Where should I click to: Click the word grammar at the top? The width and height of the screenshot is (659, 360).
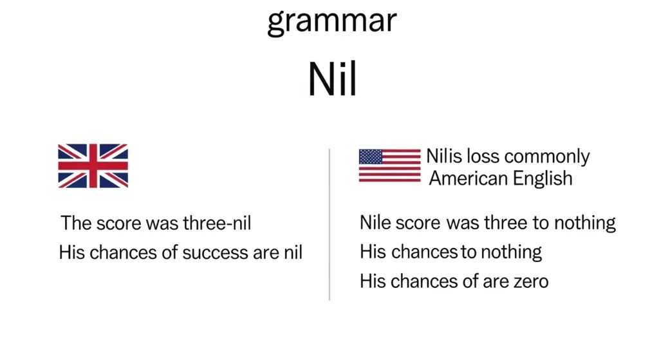tap(331, 22)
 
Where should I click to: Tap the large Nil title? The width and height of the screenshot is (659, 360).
tap(332, 80)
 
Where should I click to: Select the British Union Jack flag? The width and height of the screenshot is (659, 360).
tap(93, 166)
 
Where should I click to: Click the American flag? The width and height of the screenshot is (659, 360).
tap(389, 166)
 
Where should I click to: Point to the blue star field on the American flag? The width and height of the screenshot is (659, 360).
tap(370, 156)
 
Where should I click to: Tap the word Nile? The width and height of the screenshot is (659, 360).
tap(376, 223)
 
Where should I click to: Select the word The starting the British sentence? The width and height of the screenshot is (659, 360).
tap(76, 223)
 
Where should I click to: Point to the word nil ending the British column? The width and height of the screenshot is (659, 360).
tap(292, 252)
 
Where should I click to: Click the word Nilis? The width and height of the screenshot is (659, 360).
tap(444, 156)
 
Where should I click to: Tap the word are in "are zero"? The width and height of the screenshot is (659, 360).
tap(488, 281)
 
